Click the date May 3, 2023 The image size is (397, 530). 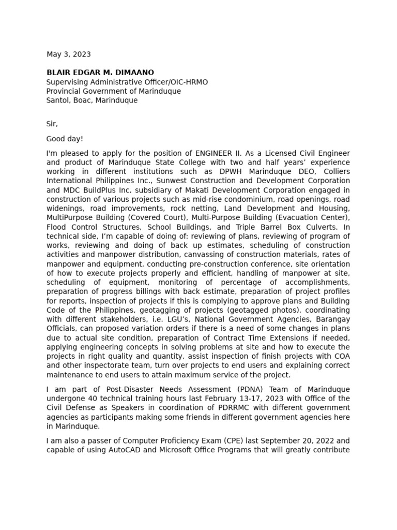pos(69,54)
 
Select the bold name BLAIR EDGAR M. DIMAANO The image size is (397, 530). pos(100,72)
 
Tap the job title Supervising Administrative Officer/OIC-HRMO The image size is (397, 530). pos(127,82)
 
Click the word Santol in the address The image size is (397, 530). pos(58,100)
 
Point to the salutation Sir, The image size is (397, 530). pos(52,124)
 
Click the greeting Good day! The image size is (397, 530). pos(65,139)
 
